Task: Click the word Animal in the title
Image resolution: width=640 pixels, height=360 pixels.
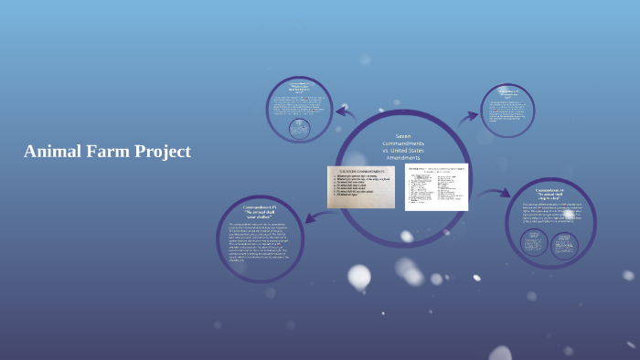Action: tap(51, 152)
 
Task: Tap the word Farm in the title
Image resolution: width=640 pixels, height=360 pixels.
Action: tap(106, 152)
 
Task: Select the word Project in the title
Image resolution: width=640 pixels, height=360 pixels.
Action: tap(161, 152)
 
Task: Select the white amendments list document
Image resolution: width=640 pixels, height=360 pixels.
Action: tap(436, 186)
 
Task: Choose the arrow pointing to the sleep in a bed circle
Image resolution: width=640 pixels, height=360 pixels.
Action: tap(496, 193)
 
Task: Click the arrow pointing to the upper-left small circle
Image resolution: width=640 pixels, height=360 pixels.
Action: tap(345, 113)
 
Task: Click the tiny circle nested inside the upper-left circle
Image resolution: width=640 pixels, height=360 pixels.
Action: tap(299, 128)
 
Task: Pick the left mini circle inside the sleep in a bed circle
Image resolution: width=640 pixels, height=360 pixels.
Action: tap(533, 242)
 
